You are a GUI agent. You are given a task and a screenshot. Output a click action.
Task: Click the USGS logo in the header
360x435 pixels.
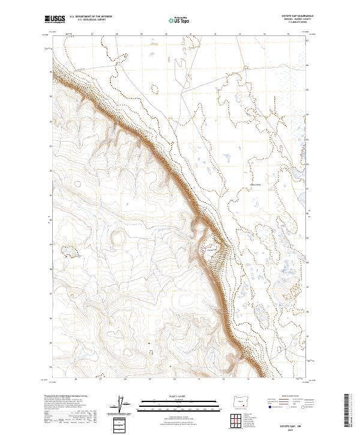click(x=55, y=19)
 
